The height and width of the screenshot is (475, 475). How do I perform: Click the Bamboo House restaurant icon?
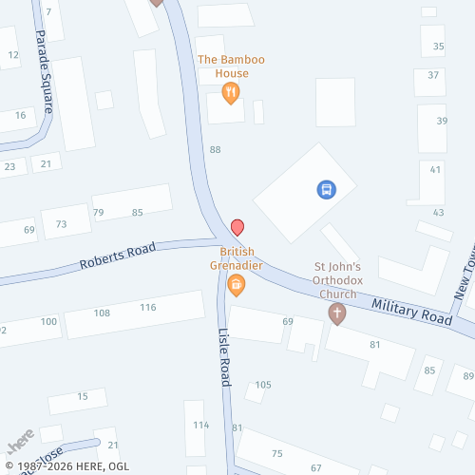[x=230, y=92]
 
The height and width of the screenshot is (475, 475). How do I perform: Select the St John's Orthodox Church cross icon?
[x=336, y=313]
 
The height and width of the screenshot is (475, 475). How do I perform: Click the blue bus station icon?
[x=326, y=190]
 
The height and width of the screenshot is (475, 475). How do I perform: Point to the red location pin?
[x=237, y=228]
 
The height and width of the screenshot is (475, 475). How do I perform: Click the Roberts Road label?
[x=117, y=256]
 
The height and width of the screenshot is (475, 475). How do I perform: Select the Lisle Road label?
[x=225, y=357]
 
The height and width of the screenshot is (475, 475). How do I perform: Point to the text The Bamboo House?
[x=231, y=66]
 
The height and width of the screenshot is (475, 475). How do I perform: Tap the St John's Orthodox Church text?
[x=336, y=281]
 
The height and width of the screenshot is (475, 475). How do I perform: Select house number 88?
[x=216, y=150]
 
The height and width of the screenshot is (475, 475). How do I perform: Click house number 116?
[x=147, y=307]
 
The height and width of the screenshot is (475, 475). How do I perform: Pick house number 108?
[x=102, y=313]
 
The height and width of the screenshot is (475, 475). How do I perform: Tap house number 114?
[x=199, y=425]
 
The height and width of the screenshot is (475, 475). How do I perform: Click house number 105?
[x=263, y=385]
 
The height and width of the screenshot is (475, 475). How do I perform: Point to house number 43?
[x=438, y=212]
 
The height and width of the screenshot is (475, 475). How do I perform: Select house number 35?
[x=438, y=46]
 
